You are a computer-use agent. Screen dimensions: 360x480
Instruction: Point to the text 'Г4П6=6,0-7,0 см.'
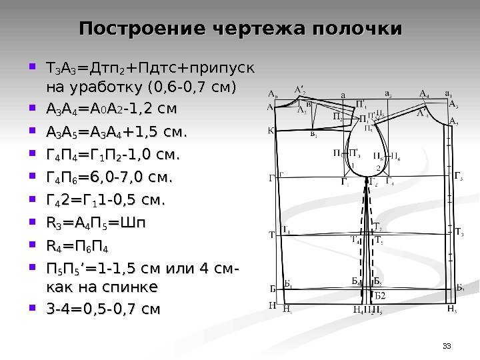pos(107,178)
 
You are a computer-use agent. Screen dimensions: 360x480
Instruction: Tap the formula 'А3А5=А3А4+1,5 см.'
pos(115,131)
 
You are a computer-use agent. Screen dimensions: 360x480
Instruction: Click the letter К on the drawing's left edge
pos(271,131)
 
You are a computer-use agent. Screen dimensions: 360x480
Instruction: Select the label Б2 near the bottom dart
pos(379,294)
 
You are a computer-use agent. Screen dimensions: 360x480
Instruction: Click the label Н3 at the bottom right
pos(451,310)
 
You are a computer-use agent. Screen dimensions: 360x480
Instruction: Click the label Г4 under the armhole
pos(391,182)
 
